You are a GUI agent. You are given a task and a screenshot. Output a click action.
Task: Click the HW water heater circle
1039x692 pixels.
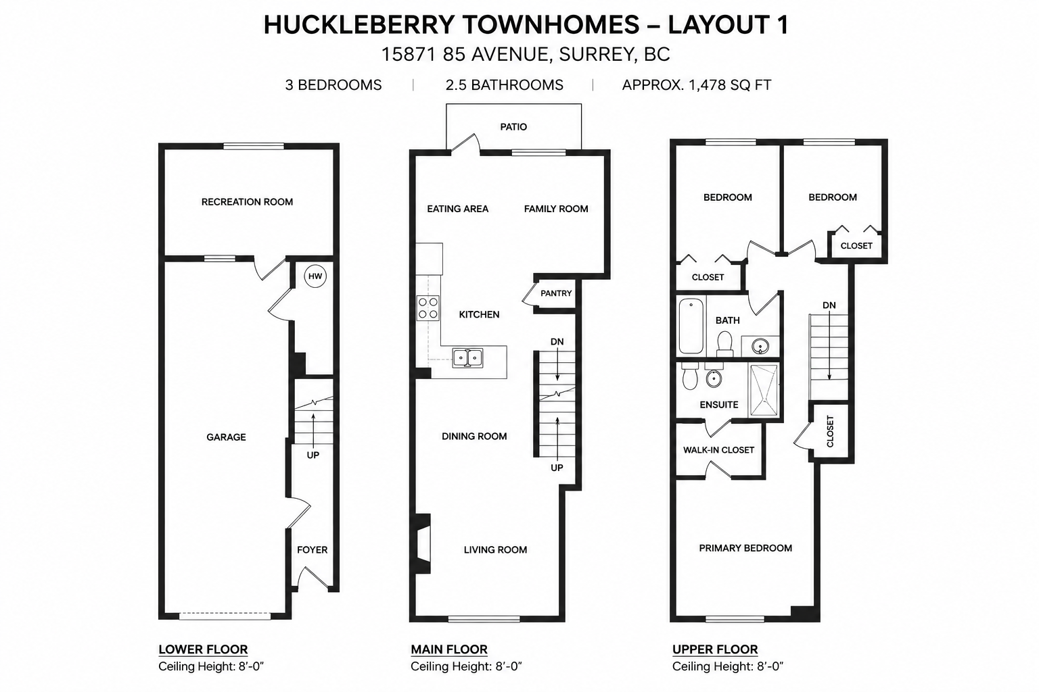[315, 276]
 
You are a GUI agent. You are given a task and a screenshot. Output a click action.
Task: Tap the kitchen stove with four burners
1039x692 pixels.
[428, 308]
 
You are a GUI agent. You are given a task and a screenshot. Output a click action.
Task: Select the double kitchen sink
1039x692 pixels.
[468, 358]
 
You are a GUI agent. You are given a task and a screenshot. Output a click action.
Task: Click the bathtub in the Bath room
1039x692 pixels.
[691, 326]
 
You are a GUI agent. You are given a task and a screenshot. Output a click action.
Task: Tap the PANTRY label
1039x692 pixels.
[556, 293]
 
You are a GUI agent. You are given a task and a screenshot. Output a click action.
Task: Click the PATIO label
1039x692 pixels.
[513, 127]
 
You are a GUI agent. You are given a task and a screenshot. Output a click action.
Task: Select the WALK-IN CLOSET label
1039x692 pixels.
[718, 450]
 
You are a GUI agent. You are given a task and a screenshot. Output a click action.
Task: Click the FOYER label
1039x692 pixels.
[312, 549]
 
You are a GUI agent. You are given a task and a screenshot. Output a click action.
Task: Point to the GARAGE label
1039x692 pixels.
[227, 437]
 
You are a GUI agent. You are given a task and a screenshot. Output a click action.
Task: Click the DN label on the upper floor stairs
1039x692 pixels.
[829, 305]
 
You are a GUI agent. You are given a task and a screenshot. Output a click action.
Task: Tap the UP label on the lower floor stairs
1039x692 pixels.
[313, 455]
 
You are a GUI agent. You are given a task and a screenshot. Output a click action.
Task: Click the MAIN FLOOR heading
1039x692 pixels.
[449, 649]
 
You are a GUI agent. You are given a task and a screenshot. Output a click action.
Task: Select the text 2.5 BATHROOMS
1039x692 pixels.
[505, 85]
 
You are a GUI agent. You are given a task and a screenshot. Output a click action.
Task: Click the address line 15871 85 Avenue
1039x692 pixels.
[526, 54]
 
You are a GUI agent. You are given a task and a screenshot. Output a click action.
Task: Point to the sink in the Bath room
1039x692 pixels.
[760, 346]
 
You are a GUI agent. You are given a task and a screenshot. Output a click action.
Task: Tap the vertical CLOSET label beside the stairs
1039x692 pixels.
[830, 432]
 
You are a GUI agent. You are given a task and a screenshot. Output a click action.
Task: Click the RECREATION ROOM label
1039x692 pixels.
[247, 202]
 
